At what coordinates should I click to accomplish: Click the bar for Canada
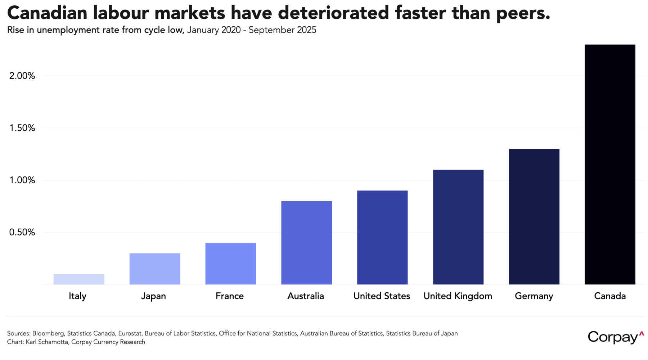[610, 165]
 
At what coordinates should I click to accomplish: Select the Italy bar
[79, 279]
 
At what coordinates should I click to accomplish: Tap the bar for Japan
[155, 269]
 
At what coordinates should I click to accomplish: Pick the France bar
[231, 264]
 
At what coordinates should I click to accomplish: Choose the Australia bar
[306, 243]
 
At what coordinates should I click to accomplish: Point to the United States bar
[382, 238]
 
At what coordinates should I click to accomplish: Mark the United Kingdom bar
[458, 227]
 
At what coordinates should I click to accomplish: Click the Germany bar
[534, 217]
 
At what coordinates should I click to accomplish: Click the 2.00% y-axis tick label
[22, 76]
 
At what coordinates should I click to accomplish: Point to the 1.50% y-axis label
[22, 128]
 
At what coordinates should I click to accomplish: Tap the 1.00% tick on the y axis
[22, 180]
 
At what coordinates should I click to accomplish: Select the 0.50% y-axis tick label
[22, 233]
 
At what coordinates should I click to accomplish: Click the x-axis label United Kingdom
[458, 296]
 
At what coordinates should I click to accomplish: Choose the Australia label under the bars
[306, 296]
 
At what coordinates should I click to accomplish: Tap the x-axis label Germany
[534, 296]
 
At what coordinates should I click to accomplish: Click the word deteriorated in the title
[333, 13]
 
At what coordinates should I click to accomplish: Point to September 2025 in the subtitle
[282, 30]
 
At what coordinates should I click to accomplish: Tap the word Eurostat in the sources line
[130, 333]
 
